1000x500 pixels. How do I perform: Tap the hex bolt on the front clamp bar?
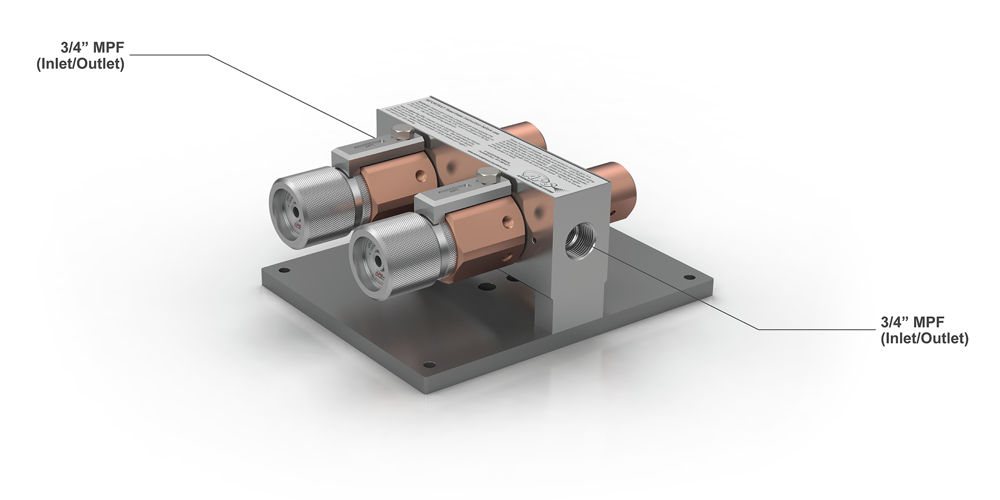point(484,175)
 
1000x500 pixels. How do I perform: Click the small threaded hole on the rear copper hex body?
point(421,175)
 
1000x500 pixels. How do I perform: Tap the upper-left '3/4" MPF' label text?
point(92,48)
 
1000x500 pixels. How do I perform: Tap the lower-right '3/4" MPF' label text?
point(912,322)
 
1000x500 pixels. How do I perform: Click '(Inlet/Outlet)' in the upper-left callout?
point(80,64)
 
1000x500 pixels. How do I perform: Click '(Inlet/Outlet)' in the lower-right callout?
point(924,338)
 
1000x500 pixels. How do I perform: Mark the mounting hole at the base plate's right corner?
point(688,277)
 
